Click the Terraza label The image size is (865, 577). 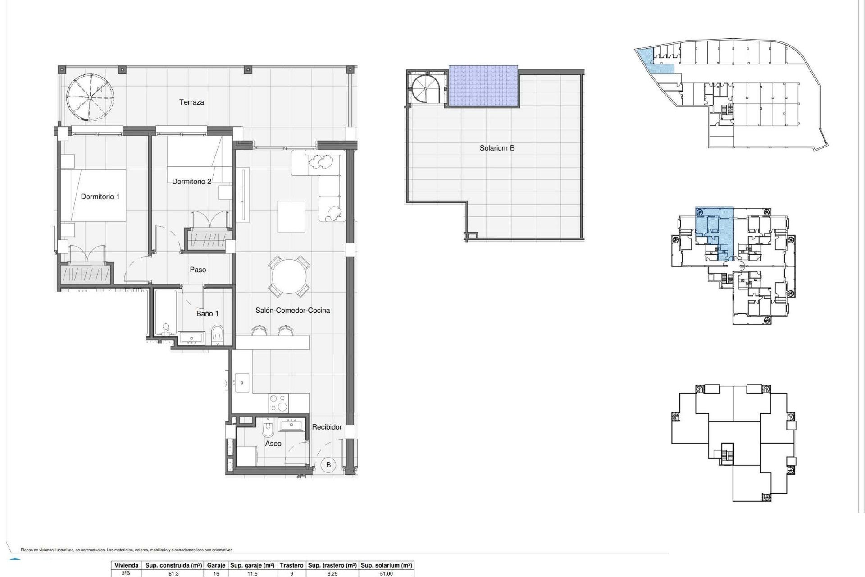191,102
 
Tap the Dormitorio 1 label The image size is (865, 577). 100,197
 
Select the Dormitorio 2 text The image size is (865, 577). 191,182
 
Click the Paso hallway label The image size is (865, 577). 198,270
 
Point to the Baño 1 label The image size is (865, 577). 207,313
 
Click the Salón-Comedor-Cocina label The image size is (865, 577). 292,310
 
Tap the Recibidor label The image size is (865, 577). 327,427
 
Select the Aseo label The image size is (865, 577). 273,444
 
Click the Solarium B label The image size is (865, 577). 497,148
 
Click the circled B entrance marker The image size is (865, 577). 328,465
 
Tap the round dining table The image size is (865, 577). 290,276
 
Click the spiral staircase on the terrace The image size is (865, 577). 90,97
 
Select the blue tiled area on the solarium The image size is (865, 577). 483,86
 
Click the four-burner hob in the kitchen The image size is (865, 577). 278,403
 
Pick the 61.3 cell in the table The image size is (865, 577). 173,574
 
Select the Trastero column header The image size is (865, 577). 291,565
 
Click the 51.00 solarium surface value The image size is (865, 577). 386,574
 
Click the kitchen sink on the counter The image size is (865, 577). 242,382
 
